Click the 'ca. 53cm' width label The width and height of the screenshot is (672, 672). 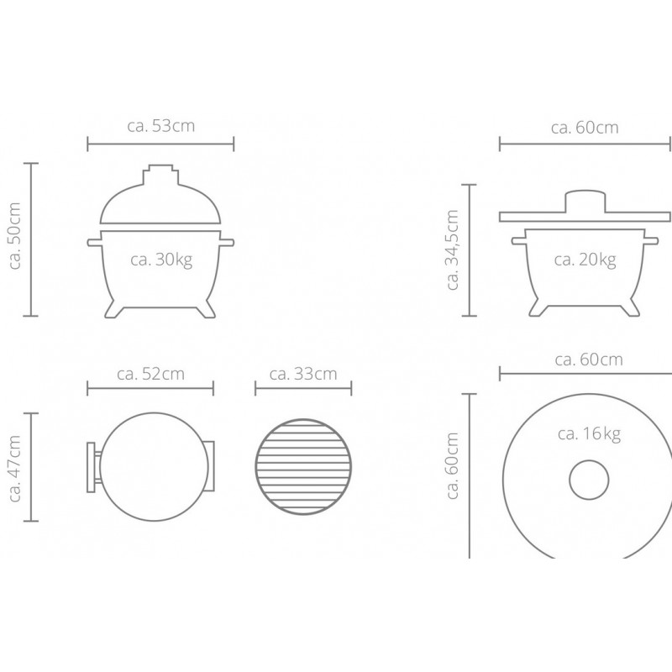coord(161,126)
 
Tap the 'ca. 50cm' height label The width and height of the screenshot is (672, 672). coord(15,236)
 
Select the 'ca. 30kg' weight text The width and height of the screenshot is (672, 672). coord(161,260)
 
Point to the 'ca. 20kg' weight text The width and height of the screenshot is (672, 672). coord(585,260)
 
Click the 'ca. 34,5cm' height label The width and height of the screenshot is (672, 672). coord(453,249)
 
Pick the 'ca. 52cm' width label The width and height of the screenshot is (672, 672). coord(151,374)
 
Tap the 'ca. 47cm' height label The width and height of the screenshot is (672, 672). coord(15,469)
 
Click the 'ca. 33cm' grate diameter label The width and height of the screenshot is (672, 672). coord(303,374)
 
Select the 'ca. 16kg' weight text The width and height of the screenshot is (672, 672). coord(590,434)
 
